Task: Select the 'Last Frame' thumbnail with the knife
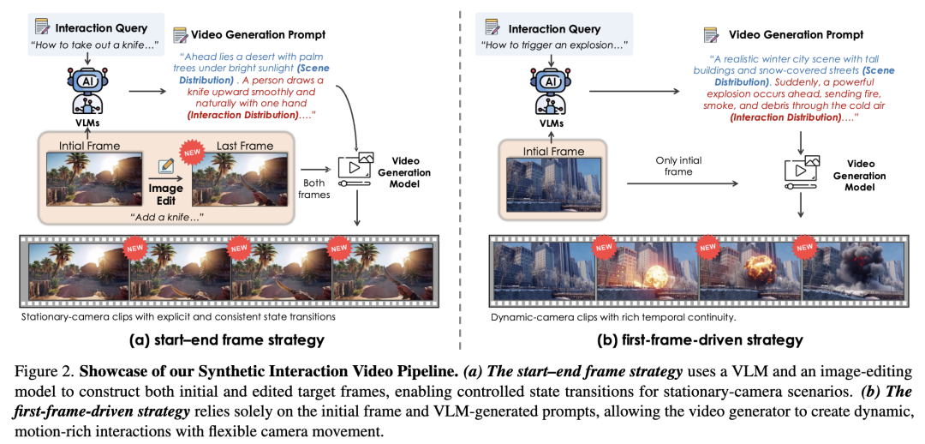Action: [244, 177]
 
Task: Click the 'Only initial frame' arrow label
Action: [677, 166]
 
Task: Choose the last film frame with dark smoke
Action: [853, 271]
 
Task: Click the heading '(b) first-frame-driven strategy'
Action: [700, 340]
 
